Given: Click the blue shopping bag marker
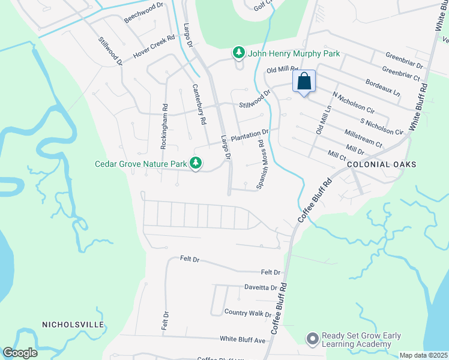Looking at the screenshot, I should (x=304, y=81).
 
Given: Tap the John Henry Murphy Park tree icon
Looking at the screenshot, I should (x=239, y=53).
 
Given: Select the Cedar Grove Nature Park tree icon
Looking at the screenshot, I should (x=196, y=163).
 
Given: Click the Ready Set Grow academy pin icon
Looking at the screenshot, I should (x=312, y=340).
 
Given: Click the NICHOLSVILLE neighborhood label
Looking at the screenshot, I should (x=73, y=325).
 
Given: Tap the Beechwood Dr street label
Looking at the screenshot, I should (x=143, y=13).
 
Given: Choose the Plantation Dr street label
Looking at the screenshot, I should (x=249, y=136).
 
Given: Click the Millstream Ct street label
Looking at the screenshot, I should (x=364, y=138).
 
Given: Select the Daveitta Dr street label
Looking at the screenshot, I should (x=261, y=288).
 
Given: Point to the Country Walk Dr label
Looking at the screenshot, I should (x=248, y=313).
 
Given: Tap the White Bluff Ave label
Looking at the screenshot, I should (x=243, y=340).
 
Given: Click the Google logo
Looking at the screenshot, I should (x=19, y=353).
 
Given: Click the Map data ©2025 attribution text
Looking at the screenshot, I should (x=424, y=355).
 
